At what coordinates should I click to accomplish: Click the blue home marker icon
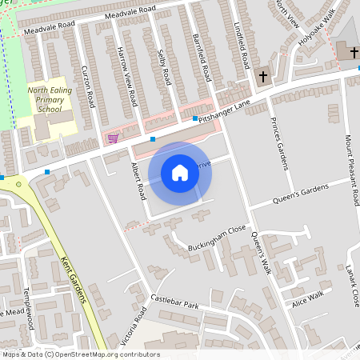point(180,172)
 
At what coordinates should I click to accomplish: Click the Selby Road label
point(164,66)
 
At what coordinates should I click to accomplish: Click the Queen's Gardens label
point(300,192)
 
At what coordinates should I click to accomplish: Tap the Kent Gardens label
point(73,279)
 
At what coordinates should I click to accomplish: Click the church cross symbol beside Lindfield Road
point(263,77)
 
